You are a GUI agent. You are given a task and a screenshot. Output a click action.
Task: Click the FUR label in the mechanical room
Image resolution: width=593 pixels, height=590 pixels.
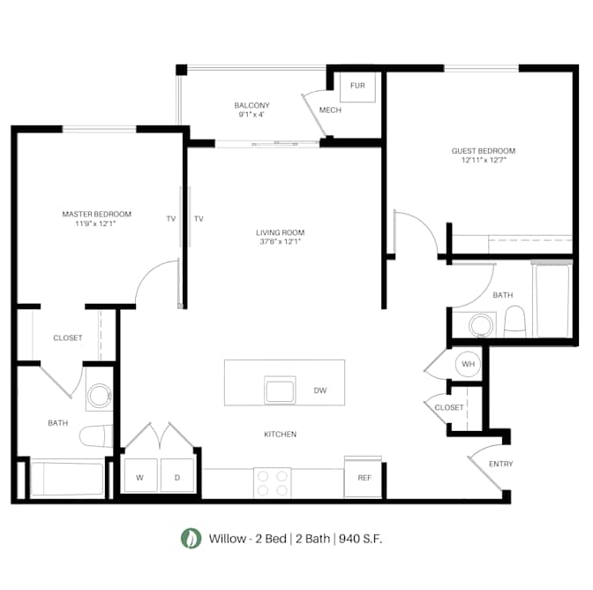(x=357, y=86)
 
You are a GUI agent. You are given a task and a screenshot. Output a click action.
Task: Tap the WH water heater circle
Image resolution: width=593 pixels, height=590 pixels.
(x=468, y=364)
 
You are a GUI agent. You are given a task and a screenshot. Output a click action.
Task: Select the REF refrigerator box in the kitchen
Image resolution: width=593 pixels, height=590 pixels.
(x=363, y=478)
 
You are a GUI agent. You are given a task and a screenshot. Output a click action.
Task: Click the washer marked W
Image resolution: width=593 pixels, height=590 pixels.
(x=140, y=475)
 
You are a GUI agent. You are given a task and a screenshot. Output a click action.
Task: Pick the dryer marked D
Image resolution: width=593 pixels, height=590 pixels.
(x=177, y=475)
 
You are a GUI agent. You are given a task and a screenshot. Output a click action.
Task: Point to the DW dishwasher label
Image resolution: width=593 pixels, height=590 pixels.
(x=320, y=390)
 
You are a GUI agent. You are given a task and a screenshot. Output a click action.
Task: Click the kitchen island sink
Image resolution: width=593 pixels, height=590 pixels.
(x=280, y=390)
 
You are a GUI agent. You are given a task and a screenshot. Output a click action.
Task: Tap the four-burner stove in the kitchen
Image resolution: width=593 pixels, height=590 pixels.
(x=273, y=483)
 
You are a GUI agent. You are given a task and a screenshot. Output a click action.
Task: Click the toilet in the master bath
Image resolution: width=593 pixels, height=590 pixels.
(x=96, y=436)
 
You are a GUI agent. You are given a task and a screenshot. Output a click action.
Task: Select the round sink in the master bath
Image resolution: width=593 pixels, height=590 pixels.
(x=99, y=395)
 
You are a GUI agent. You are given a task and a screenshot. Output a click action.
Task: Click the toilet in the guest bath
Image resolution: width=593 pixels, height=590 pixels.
(x=515, y=321)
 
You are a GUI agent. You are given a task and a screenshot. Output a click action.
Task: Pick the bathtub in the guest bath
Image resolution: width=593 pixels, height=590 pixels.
(x=552, y=299)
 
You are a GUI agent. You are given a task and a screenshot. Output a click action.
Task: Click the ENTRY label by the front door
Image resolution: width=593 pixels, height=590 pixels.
(x=500, y=464)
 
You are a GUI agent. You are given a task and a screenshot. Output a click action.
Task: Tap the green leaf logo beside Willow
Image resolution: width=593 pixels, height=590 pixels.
(x=191, y=538)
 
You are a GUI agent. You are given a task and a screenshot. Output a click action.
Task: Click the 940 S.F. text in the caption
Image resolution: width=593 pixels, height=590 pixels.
(x=360, y=538)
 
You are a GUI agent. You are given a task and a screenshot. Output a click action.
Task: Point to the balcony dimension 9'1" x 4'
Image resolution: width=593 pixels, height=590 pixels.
(x=251, y=114)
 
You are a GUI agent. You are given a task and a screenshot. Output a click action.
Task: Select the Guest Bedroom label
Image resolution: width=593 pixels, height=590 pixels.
(x=484, y=151)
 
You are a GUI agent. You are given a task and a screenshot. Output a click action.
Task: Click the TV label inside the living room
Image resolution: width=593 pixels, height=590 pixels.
(x=199, y=218)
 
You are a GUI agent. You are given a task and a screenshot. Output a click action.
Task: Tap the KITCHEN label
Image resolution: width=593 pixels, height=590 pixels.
(x=281, y=434)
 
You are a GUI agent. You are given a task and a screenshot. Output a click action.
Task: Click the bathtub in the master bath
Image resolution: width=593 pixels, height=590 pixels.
(x=67, y=478)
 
